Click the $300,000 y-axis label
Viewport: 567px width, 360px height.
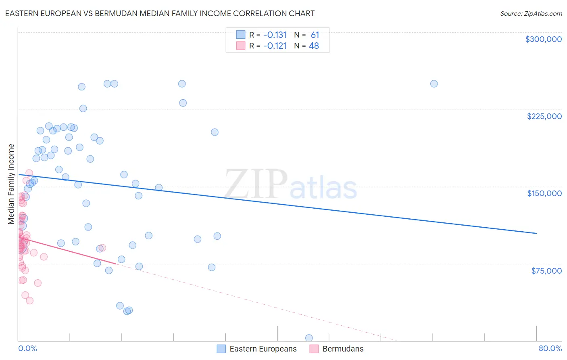coord(543,39)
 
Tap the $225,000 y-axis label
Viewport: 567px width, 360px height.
coord(544,116)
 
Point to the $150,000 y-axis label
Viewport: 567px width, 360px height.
coord(544,193)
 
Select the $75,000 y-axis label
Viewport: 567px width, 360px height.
coord(546,270)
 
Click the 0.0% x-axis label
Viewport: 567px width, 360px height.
coord(27,348)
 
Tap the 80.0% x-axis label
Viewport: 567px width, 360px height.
coord(550,348)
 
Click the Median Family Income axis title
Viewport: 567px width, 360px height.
coord(11,184)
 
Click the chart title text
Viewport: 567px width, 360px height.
coord(160,13)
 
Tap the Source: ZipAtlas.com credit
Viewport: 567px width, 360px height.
coord(531,13)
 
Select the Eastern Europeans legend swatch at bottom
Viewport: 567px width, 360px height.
coord(221,349)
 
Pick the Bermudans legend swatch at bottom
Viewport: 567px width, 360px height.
coord(314,349)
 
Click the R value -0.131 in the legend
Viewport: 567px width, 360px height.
coord(275,35)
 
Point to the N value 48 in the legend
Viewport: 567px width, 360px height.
coord(314,46)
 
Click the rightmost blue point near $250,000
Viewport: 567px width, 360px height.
coord(434,84)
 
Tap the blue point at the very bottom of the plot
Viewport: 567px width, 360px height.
coord(309,338)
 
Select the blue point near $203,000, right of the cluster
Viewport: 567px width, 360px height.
coord(215,132)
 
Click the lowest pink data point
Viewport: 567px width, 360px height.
coord(29,301)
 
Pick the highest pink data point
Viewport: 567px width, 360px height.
coord(29,173)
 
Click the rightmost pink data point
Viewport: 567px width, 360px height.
coord(102,248)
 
